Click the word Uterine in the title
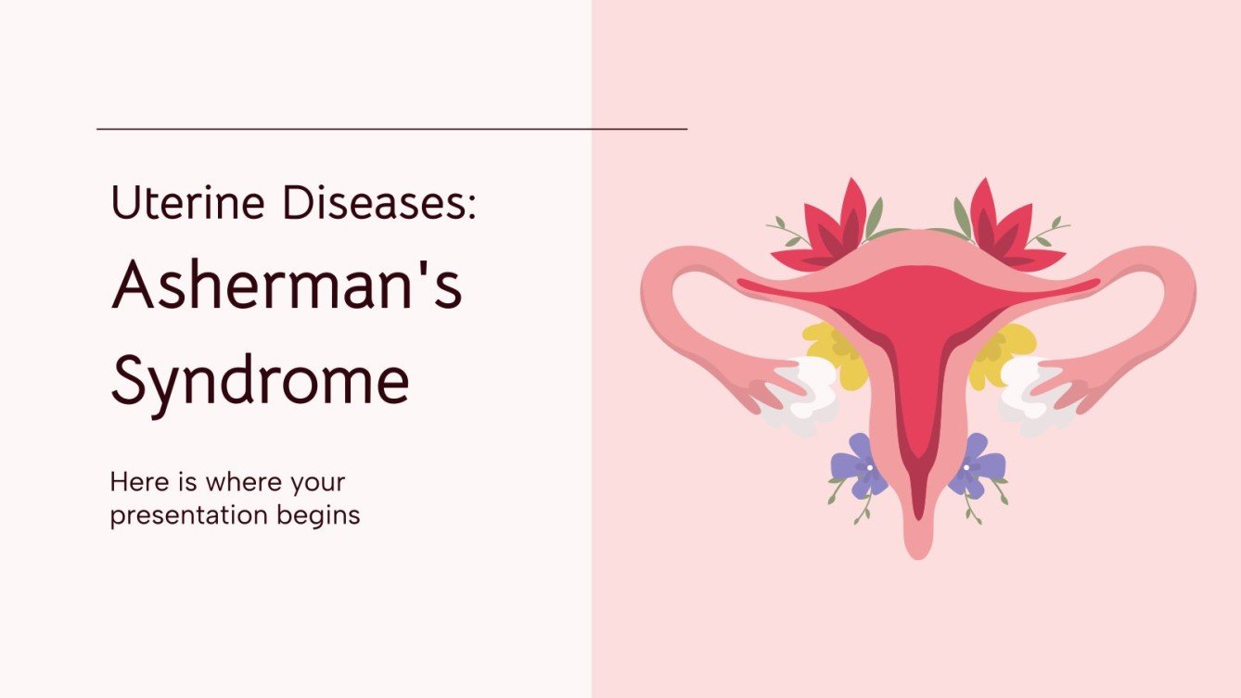(187, 203)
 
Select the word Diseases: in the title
(379, 203)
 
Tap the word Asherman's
(287, 286)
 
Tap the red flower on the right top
(1009, 230)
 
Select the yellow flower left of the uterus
(835, 354)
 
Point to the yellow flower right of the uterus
(1002, 354)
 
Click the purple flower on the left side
(860, 466)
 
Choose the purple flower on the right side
(976, 466)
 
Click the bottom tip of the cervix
(918, 559)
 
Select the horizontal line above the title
(392, 129)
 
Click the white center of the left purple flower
(869, 468)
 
